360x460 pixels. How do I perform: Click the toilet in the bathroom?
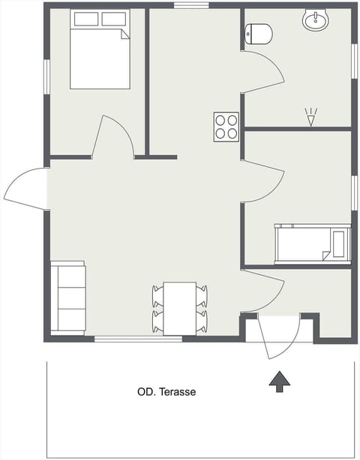click(259, 33)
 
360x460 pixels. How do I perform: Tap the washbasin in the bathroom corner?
click(316, 21)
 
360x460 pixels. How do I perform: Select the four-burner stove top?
click(226, 126)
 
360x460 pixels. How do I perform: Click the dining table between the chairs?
click(180, 307)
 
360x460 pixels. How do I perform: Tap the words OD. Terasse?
click(166, 391)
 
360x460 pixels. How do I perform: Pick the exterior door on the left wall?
click(27, 187)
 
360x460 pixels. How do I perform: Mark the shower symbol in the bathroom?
click(310, 117)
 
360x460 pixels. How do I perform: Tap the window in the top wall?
click(191, 6)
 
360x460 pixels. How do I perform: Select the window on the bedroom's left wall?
click(46, 76)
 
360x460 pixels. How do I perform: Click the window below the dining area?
click(138, 339)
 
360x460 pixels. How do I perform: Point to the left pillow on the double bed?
click(85, 19)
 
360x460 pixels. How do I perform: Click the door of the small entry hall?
click(262, 292)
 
